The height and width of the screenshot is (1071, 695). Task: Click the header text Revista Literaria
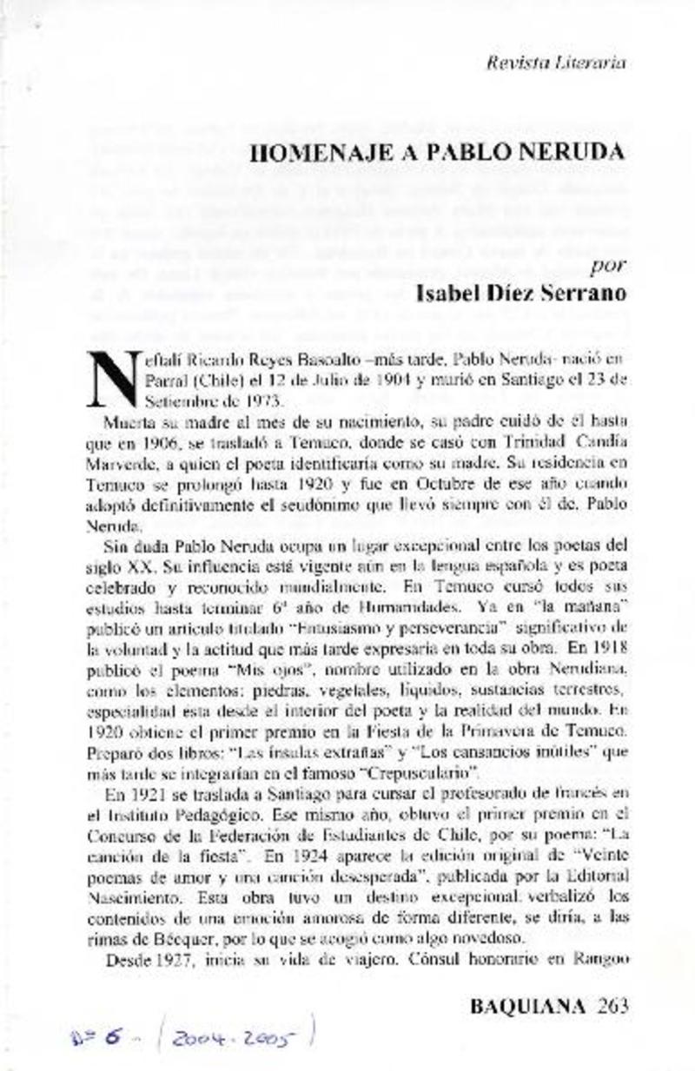pyautogui.click(x=557, y=63)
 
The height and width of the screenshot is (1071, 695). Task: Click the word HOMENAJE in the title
pyautogui.click(x=307, y=152)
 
